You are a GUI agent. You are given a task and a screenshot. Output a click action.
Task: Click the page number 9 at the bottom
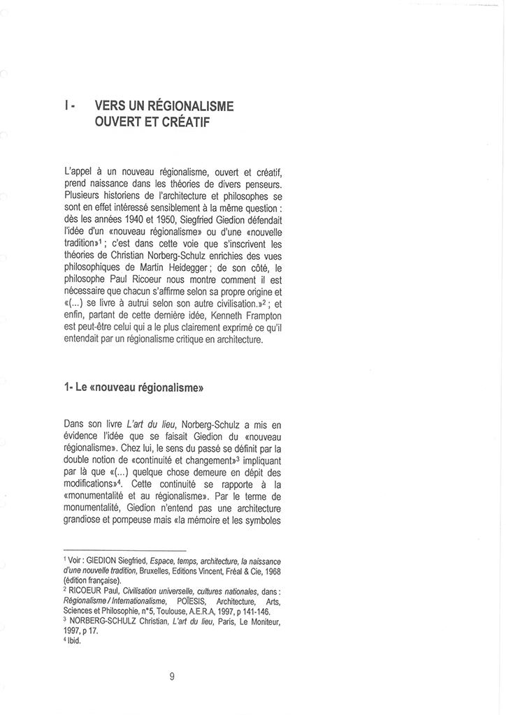172,675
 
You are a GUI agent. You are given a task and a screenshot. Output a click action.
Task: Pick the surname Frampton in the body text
240,327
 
